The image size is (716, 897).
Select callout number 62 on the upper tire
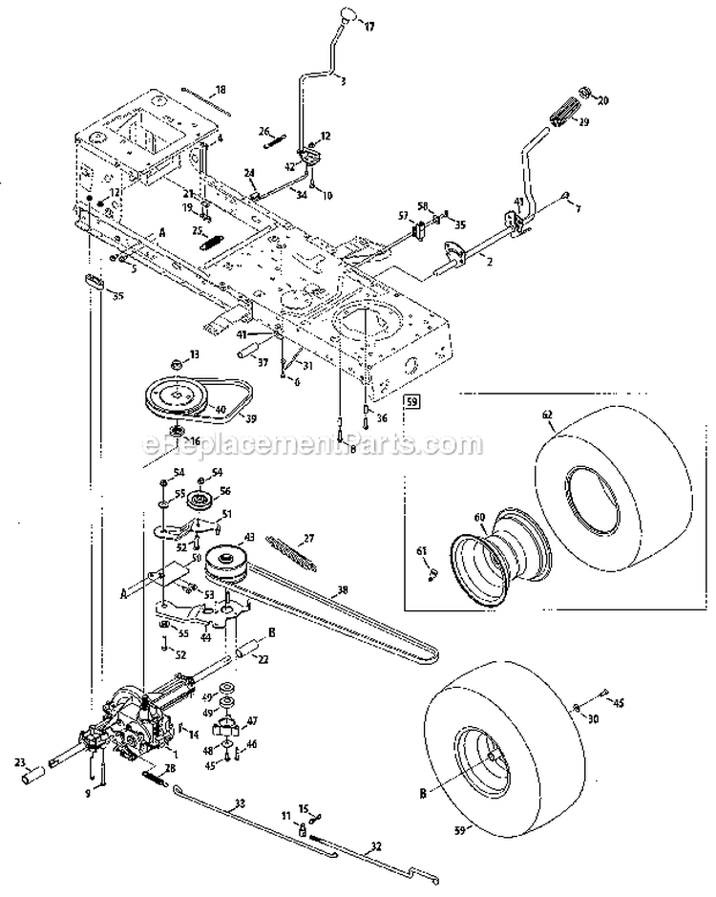(547, 416)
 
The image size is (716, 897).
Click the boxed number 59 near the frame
(411, 402)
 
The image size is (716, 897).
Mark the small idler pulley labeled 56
(201, 500)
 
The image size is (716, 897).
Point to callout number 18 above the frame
(221, 89)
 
